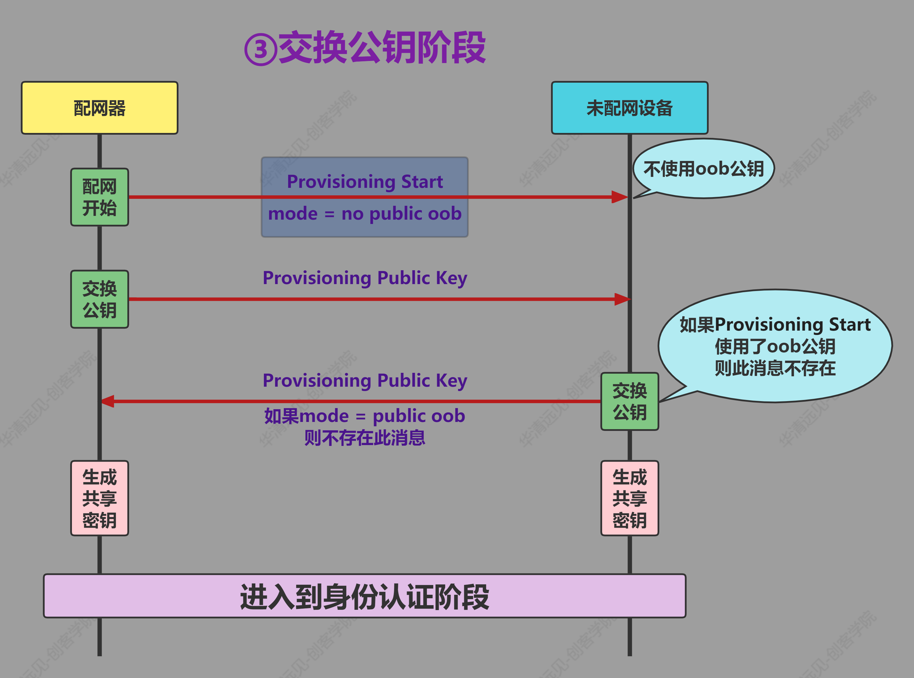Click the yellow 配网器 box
[99, 108]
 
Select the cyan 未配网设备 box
[630, 108]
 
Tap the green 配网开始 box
[99, 197]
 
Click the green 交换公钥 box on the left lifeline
[99, 299]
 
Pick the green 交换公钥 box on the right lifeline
[630, 401]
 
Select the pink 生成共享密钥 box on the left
[99, 498]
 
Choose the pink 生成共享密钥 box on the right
[630, 498]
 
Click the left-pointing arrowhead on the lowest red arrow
[108, 401]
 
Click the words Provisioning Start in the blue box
[364, 182]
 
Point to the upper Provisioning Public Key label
[364, 278]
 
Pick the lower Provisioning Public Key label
[364, 380]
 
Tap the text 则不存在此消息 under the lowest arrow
[364, 438]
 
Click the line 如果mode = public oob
[364, 416]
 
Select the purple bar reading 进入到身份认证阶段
[364, 596]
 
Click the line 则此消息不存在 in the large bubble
[775, 368]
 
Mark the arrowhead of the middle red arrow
[622, 299]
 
